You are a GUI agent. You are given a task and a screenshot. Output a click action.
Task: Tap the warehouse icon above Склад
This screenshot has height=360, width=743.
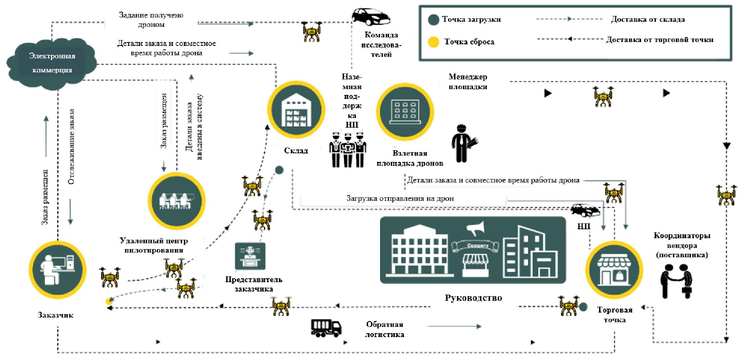296,110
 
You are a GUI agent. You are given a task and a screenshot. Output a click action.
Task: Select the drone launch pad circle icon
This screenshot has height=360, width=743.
405,112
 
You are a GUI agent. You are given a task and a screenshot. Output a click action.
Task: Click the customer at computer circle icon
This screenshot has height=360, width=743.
58,270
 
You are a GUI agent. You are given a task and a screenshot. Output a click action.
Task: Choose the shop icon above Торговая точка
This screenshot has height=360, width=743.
614,270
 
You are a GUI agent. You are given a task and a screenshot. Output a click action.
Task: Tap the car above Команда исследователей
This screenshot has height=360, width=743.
371,16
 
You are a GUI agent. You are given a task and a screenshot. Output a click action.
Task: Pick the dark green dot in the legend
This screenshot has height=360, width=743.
433,20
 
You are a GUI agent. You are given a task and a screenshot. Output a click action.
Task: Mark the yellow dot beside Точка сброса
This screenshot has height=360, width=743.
433,42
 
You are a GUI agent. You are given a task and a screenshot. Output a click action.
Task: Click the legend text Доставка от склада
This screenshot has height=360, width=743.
648,19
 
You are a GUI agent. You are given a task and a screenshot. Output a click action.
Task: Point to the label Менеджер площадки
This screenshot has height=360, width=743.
468,82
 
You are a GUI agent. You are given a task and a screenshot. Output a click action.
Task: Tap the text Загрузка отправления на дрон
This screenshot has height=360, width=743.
400,198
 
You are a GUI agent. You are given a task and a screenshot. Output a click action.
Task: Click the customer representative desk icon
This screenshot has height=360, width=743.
250,256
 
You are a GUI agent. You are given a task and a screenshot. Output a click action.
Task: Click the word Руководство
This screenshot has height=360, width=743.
473,298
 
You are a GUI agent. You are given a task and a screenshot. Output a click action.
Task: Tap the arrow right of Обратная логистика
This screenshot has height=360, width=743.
454,326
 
